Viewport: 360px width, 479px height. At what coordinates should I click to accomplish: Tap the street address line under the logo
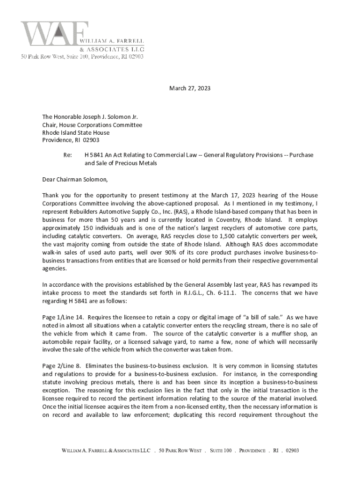pyautogui.click(x=81, y=57)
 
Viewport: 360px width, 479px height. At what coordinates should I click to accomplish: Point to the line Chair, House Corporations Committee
pyautogui.click(x=92, y=125)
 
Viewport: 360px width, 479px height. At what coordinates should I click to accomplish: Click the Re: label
pyautogui.click(x=68, y=155)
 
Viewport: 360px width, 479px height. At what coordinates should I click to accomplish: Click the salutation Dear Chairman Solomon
pyautogui.click(x=75, y=179)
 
